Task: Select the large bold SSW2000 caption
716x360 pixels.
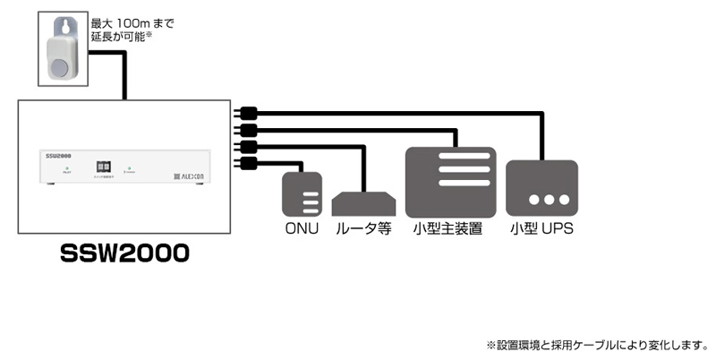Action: pyautogui.click(x=124, y=253)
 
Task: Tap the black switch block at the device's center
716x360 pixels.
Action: pyautogui.click(x=103, y=167)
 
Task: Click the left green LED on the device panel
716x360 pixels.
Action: pyautogui.click(x=66, y=167)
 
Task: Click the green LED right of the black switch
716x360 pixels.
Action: pyautogui.click(x=128, y=167)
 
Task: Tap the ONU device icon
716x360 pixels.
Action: pyautogui.click(x=302, y=193)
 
